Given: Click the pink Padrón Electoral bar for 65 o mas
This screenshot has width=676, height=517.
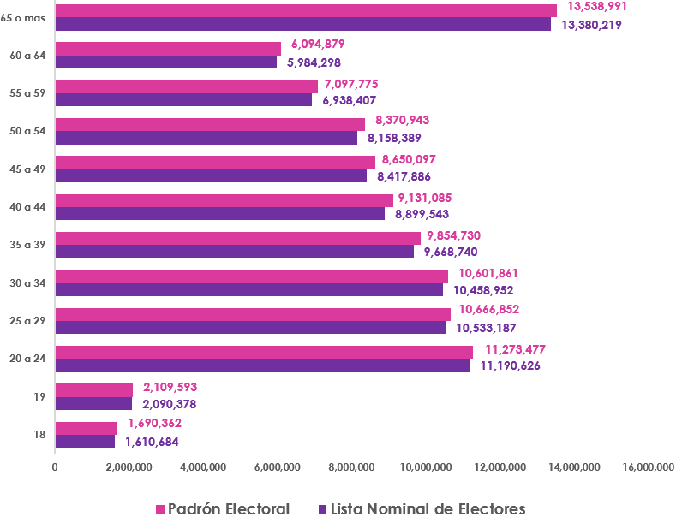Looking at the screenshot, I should pyautogui.click(x=305, y=10).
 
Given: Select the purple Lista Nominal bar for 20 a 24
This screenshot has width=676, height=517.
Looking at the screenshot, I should pyautogui.click(x=262, y=365).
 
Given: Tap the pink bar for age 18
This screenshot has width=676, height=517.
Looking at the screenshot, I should pyautogui.click(x=86, y=428).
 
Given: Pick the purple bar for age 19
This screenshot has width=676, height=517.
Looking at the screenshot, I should pyautogui.click(x=93, y=403).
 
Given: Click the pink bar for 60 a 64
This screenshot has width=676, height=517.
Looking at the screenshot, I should pyautogui.click(x=168, y=49).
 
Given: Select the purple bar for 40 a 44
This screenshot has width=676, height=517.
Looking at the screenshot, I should pyautogui.click(x=219, y=213).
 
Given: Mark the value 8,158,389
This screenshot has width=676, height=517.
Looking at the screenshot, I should pyautogui.click(x=394, y=137).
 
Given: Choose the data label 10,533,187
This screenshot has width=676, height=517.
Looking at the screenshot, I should pyautogui.click(x=486, y=327).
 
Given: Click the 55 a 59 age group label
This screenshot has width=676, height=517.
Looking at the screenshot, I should pyautogui.click(x=28, y=93).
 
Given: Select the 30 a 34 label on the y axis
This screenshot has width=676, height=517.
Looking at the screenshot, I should pyautogui.click(x=28, y=283).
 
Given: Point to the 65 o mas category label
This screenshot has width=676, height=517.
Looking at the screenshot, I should pyautogui.click(x=24, y=17).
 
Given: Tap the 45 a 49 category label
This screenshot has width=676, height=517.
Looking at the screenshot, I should pyautogui.click(x=28, y=169).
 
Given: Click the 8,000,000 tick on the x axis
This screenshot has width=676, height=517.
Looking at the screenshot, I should pyautogui.click(x=351, y=467).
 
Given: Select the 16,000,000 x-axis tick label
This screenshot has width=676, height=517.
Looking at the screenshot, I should pyautogui.click(x=647, y=467).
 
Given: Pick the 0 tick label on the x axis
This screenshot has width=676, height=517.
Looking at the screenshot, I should pyautogui.click(x=55, y=467).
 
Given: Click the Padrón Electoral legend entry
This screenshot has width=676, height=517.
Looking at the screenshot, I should pyautogui.click(x=222, y=508).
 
